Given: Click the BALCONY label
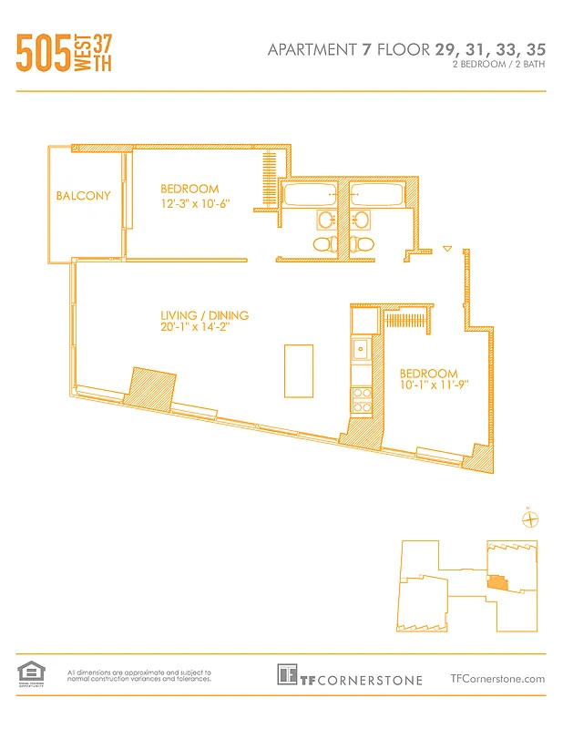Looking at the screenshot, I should coord(84,196).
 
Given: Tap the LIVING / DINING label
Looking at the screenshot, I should coord(204,316).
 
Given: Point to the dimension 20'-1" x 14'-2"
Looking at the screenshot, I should coord(204,330).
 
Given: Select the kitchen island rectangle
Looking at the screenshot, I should coord(300,370).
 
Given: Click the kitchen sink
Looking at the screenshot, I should coord(362,347).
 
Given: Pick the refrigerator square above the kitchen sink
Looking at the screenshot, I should coord(363,320).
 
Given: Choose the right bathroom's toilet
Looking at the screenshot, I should coord(363,243).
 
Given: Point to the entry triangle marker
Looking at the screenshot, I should coord(446,248).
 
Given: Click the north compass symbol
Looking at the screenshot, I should coord(529,519).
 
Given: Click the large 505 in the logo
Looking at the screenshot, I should coord(44,54).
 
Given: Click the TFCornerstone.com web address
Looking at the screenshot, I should coord(497,678).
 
